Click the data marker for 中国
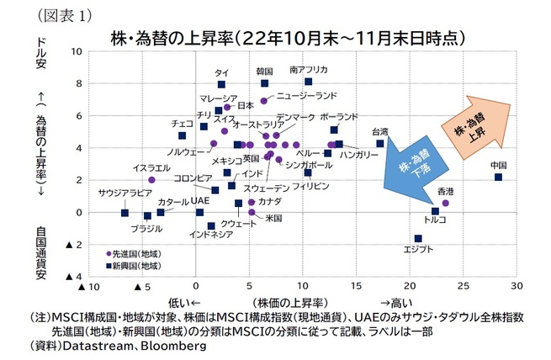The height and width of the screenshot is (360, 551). tap(498, 177)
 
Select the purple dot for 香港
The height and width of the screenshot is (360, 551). tap(445, 203)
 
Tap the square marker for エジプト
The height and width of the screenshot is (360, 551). tap(418, 238)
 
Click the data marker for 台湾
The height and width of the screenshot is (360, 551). tap(380, 144)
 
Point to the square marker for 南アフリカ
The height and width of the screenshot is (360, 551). tap(308, 82)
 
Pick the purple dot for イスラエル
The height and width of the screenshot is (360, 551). tap(151, 179)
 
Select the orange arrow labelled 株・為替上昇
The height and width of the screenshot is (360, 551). tap(476, 126)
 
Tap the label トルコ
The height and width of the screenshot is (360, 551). tap(435, 220)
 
